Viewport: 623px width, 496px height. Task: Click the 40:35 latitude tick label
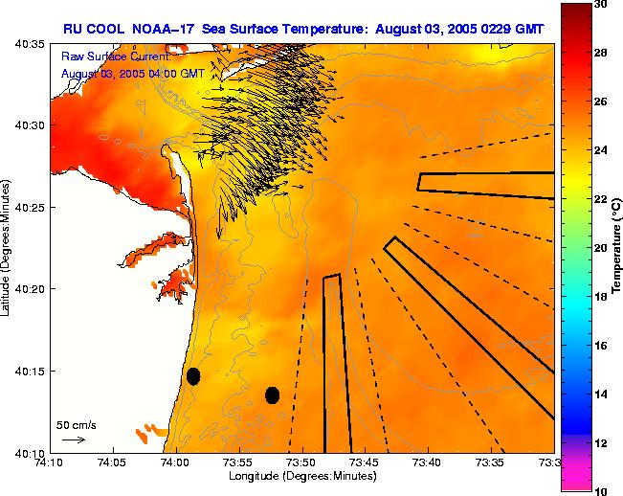click(x=33, y=45)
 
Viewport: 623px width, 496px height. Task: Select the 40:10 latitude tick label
click(x=33, y=453)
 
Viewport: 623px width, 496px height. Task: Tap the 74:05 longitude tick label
click(x=112, y=463)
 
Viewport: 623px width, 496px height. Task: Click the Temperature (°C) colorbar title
click(x=618, y=248)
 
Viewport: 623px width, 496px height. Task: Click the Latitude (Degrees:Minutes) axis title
click(x=7, y=248)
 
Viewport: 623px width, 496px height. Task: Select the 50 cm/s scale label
click(x=77, y=424)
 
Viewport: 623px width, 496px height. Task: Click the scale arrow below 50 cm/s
click(x=73, y=440)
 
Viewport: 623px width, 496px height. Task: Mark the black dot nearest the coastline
click(x=193, y=376)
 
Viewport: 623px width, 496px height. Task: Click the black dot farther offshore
click(x=273, y=395)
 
